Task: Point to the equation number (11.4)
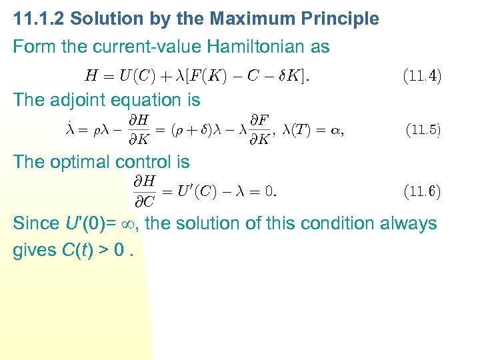tap(421, 75)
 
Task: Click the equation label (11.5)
tap(422, 130)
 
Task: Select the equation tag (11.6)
tap(421, 192)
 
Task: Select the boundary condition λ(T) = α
tap(313, 131)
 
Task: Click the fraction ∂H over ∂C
tap(145, 191)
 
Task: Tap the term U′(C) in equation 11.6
tap(196, 192)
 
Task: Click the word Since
tap(34, 223)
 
